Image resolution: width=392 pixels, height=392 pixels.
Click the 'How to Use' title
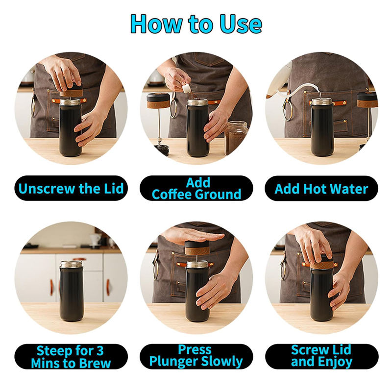pyautogui.click(x=196, y=24)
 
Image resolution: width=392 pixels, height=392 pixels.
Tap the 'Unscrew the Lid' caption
pyautogui.click(x=71, y=189)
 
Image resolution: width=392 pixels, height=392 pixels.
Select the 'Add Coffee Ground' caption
pyautogui.click(x=196, y=188)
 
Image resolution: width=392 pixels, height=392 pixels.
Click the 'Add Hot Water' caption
pyautogui.click(x=321, y=189)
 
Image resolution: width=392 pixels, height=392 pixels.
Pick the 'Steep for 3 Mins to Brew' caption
pyautogui.click(x=71, y=357)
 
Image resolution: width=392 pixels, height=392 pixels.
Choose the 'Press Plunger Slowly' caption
pyautogui.click(x=196, y=356)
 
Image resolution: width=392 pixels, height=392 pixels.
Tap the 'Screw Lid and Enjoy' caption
pyautogui.click(x=321, y=356)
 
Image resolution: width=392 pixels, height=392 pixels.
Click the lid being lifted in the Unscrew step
pyautogui.click(x=71, y=91)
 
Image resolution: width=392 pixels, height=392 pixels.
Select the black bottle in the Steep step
pyautogui.click(x=72, y=291)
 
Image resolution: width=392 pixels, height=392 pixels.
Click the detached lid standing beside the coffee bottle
pyautogui.click(x=158, y=100)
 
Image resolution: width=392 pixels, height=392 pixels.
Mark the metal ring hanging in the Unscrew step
pyautogui.click(x=33, y=107)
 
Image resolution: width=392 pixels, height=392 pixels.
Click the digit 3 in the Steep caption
pyautogui.click(x=100, y=350)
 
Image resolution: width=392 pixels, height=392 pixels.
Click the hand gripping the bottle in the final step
pyautogui.click(x=340, y=291)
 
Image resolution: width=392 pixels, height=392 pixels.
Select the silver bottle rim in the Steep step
pyautogui.click(x=72, y=264)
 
